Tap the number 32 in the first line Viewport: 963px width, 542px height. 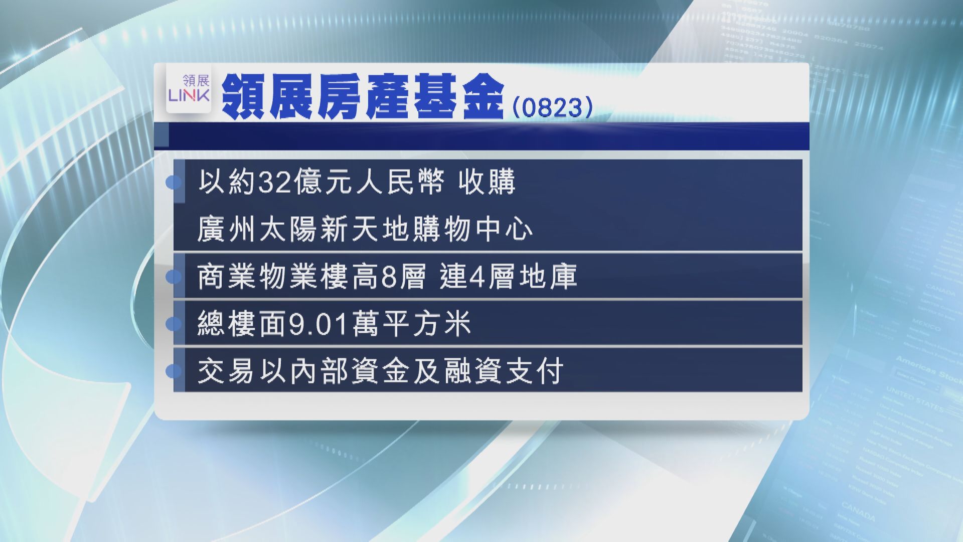pyautogui.click(x=275, y=182)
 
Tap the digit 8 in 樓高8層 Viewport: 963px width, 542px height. pyautogui.click(x=390, y=277)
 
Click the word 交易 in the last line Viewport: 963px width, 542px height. pyautogui.click(x=228, y=372)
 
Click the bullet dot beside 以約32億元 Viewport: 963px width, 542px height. pyautogui.click(x=174, y=182)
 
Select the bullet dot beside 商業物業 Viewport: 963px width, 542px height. pyautogui.click(x=174, y=277)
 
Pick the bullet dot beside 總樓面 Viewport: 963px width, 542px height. pyautogui.click(x=174, y=324)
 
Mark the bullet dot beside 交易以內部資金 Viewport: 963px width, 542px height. pyautogui.click(x=174, y=372)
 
